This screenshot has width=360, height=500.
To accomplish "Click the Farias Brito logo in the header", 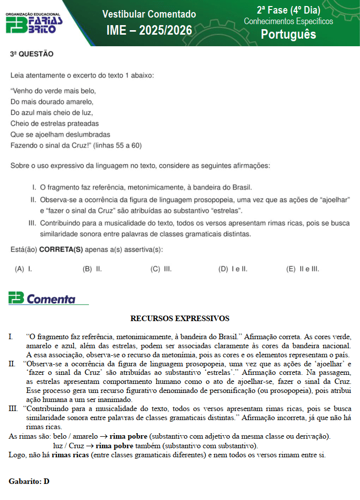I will (x=34, y=24).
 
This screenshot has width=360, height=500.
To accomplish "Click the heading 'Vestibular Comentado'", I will (x=149, y=14).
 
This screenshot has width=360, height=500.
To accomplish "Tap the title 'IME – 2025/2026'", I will (x=149, y=31).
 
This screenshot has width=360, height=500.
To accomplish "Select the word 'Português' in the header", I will (x=288, y=34).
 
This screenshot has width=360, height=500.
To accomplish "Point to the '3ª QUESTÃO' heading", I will (x=32, y=54).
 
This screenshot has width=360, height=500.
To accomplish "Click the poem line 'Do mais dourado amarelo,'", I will (x=52, y=102).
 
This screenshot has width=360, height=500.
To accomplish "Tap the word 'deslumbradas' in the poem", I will (x=86, y=134).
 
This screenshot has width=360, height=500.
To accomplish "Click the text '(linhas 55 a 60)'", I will (x=117, y=145).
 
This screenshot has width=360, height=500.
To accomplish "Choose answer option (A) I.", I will (x=23, y=269).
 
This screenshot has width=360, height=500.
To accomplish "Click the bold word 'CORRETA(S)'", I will (x=61, y=250).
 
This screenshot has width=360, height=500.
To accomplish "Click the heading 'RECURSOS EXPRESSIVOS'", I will (x=179, y=319).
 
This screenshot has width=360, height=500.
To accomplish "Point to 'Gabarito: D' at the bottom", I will (x=29, y=481).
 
